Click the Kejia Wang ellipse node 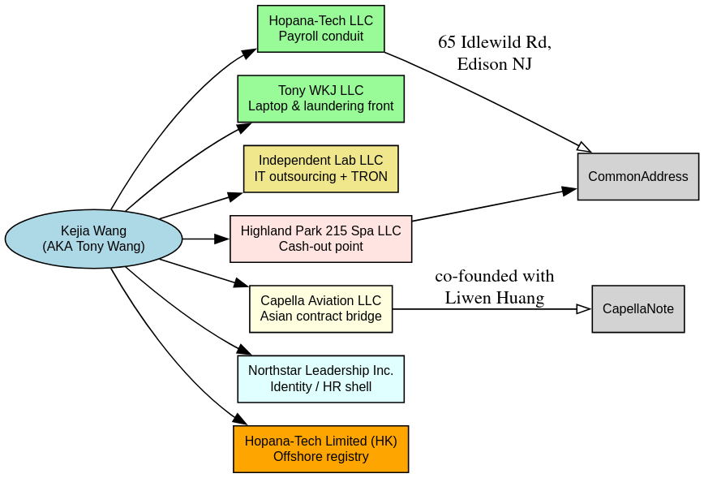pos(94,239)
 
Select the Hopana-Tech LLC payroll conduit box pos(320,28)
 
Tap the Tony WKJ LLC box pos(320,99)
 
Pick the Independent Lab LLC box pos(320,169)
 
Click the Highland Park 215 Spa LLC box pos(320,239)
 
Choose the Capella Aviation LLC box pos(320,309)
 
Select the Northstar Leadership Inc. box pos(320,379)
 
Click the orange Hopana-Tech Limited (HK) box pos(320,450)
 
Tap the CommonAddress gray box pos(638,177)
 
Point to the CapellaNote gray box pos(638,309)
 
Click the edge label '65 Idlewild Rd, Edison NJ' pos(494,53)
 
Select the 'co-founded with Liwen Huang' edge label pos(494,286)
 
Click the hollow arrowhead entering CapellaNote pos(584,309)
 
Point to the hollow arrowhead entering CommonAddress pos(585,148)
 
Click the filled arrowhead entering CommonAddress pos(569,191)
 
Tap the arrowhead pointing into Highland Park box pos(222,239)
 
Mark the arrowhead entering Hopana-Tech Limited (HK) pos(240,419)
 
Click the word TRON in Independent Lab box pos(369,177)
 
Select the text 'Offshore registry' pos(320,457)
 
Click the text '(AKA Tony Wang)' pos(94,247)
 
